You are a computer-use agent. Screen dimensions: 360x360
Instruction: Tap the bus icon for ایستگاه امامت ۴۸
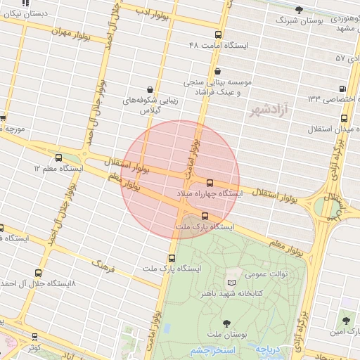(219, 34)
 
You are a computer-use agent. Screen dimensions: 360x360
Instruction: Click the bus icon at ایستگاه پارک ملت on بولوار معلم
(205, 216)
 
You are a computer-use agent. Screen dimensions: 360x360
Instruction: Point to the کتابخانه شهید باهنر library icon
(231, 283)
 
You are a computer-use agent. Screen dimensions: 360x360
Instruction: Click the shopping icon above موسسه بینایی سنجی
(217, 71)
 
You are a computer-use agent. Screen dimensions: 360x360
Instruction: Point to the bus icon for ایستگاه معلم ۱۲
(58, 158)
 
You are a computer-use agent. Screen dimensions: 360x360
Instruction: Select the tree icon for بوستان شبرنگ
(300, 10)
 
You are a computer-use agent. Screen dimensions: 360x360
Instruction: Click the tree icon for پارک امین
(345, 320)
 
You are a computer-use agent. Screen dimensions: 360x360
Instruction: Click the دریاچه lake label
(268, 348)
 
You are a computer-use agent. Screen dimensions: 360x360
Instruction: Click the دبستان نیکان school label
(30, 14)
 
